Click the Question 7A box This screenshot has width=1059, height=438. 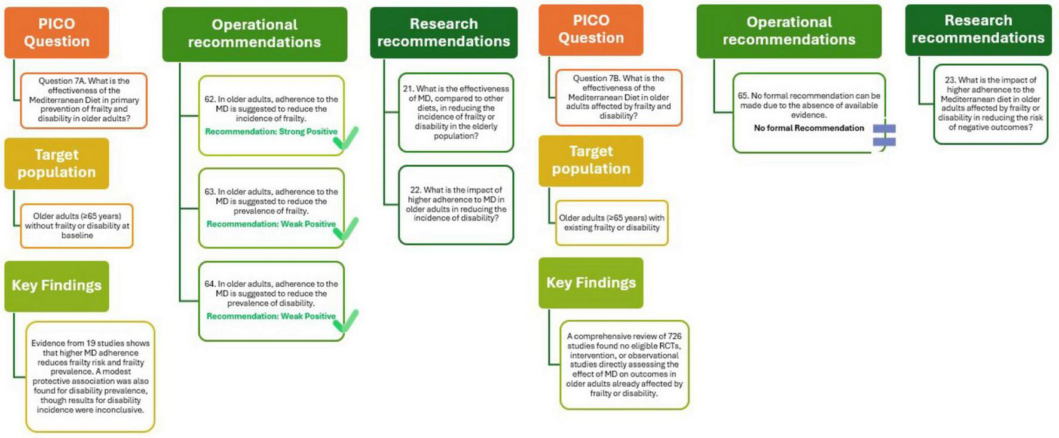[84, 100]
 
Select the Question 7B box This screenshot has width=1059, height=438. [619, 97]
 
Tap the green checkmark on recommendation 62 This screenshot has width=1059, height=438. [346, 138]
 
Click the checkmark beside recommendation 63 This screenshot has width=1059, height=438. [346, 229]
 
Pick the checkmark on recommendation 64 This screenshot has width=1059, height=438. [346, 321]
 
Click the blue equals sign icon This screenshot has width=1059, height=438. [884, 135]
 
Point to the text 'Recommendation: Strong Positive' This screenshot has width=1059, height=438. [271, 131]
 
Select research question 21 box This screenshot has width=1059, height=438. [455, 112]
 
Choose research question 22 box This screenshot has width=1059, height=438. [455, 204]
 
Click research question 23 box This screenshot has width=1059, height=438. [990, 104]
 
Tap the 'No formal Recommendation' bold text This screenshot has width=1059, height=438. [809, 128]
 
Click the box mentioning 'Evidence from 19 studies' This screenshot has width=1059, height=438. [90, 376]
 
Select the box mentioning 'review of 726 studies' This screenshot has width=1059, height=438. [624, 365]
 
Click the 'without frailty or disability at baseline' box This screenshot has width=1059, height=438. [76, 226]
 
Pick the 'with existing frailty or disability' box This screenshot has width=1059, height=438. [611, 223]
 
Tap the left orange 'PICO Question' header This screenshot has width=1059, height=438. [56, 32]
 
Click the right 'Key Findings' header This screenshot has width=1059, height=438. [590, 283]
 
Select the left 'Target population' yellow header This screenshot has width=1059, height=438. [56, 163]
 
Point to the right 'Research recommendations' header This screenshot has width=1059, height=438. [978, 29]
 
